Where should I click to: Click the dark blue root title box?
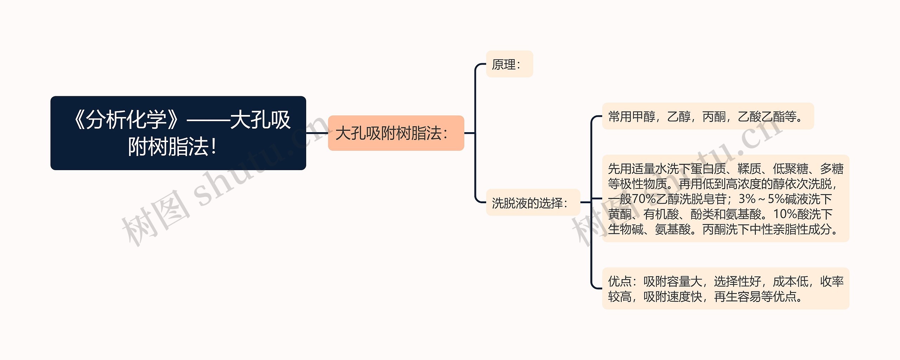tap(178, 133)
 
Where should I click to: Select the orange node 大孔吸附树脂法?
tap(396, 133)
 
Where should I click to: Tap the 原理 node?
tap(509, 64)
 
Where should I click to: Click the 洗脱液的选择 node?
tap(533, 202)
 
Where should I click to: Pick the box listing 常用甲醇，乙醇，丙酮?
tap(708, 116)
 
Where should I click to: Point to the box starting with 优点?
tap(725, 289)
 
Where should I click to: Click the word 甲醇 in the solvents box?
tap(644, 117)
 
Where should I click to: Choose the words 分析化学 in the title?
tap(126, 120)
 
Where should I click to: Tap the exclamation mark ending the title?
tap(213, 147)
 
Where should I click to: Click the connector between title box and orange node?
tap(317, 133)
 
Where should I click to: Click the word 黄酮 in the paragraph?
tap(619, 214)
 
